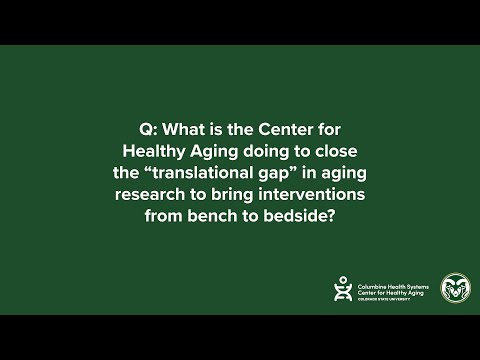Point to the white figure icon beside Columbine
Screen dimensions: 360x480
click(x=342, y=288)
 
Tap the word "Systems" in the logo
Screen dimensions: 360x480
click(x=423, y=281)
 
